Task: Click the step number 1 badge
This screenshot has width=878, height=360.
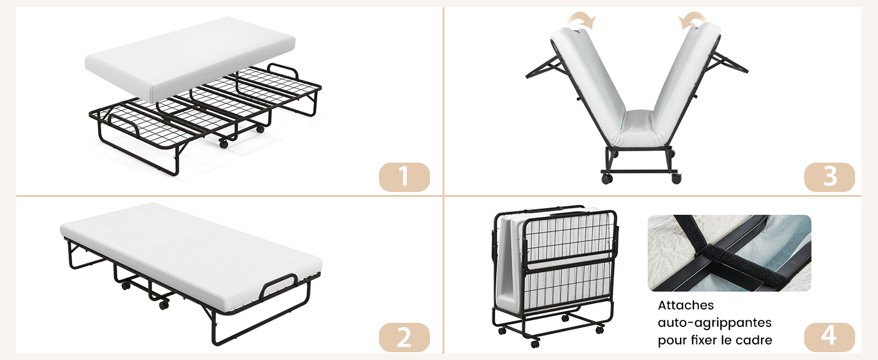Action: tap(404, 177)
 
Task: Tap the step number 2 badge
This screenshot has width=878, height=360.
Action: tap(404, 337)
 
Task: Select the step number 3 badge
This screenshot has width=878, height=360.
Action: tap(829, 177)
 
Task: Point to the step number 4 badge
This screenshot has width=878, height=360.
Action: tap(829, 337)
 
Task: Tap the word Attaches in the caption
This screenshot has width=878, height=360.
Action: tap(685, 305)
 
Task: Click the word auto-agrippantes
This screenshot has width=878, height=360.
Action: tap(714, 323)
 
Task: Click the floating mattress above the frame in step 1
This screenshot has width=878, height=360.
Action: tap(190, 59)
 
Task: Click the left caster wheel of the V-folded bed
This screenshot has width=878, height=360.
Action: tap(607, 179)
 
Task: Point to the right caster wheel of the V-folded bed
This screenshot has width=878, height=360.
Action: tap(676, 178)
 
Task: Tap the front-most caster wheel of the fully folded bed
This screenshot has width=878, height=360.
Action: tap(534, 344)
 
